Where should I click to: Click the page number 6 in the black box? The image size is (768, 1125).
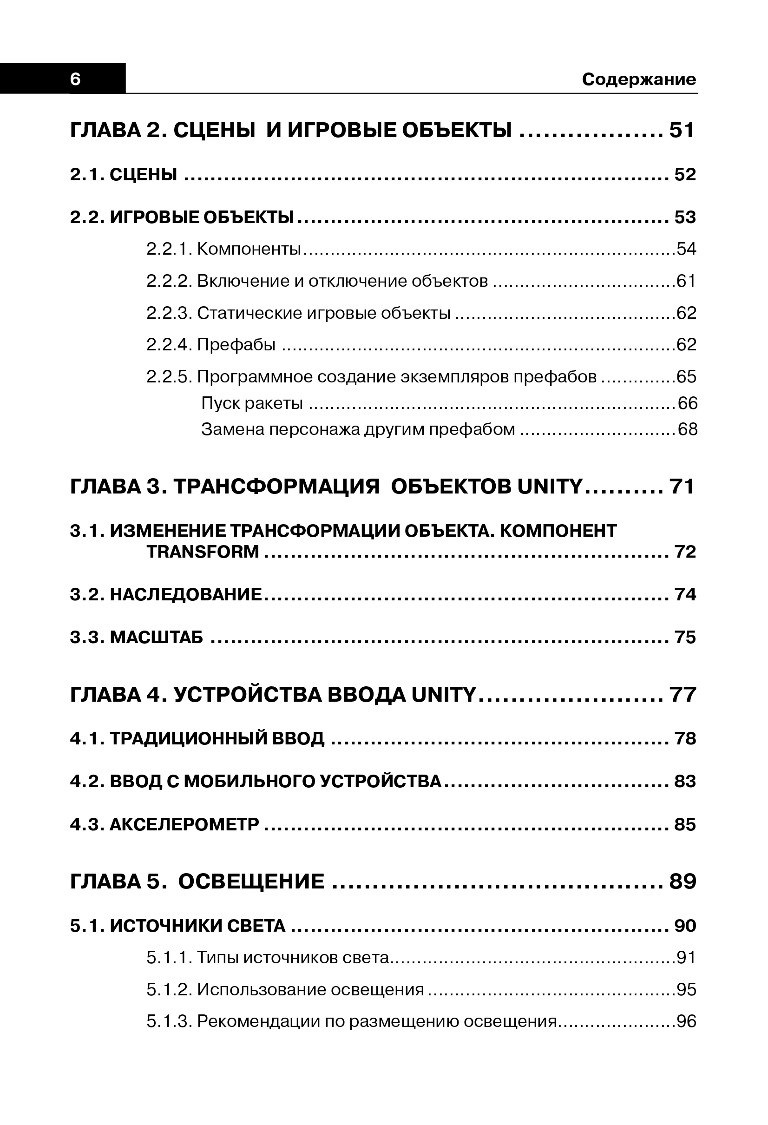click(x=75, y=79)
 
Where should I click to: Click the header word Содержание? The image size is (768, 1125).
click(x=639, y=79)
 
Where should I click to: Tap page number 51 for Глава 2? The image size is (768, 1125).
click(x=682, y=130)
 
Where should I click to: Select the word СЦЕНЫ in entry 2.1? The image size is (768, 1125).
click(x=143, y=174)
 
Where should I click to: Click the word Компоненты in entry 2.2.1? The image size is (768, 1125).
click(x=249, y=249)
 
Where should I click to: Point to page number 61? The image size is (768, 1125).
click(x=686, y=281)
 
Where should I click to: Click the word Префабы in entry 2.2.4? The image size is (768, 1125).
click(x=236, y=345)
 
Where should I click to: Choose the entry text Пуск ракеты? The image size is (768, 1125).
click(x=252, y=403)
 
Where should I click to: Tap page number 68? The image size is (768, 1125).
click(x=688, y=429)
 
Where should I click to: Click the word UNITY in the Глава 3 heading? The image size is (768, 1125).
click(x=550, y=487)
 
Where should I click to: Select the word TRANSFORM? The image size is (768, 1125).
click(x=203, y=552)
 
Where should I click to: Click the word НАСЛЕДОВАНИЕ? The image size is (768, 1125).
click(x=186, y=594)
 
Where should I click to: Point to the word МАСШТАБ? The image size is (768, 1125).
click(x=156, y=637)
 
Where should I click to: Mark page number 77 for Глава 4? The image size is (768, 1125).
click(x=683, y=695)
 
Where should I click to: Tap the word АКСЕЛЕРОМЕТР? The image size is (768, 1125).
click(x=184, y=824)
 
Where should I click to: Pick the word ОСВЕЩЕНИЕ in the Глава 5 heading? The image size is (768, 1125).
click(x=251, y=881)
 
